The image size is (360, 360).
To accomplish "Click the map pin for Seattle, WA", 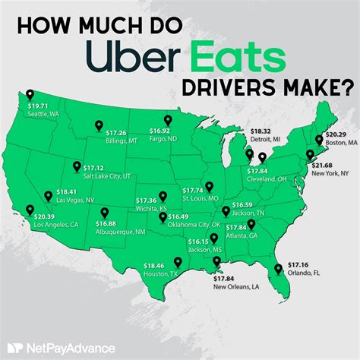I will pos(30,95).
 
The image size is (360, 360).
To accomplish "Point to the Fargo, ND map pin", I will pos(169,122).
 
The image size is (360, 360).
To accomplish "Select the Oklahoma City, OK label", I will pos(193,226).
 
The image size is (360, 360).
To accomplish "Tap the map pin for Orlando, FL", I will pos(277,268).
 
